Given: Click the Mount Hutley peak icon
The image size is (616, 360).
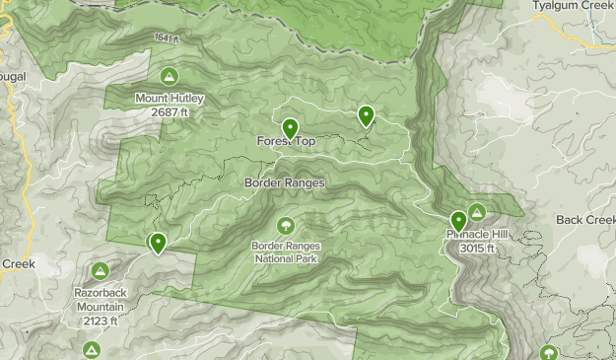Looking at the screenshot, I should (170, 76).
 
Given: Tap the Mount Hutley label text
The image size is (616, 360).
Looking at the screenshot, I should (169, 99).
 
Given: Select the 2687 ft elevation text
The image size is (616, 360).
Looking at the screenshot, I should (169, 112).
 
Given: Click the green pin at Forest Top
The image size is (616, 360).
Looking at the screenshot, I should (291, 128).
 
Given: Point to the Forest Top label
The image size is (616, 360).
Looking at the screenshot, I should (287, 142).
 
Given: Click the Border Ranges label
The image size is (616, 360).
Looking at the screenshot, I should (284, 182).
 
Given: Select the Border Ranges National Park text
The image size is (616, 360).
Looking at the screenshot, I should (286, 252).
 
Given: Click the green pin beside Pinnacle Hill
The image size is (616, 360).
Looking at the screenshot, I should (458, 221).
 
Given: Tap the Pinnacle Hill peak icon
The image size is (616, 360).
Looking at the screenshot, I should (478, 211).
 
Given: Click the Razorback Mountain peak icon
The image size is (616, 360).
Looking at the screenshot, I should (100, 270).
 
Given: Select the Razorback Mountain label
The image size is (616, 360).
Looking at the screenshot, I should (100, 299).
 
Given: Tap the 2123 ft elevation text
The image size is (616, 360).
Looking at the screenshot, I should (100, 321).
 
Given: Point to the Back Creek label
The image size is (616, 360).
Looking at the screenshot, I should (585, 219).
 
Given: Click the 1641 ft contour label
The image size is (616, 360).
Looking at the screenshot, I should (168, 39).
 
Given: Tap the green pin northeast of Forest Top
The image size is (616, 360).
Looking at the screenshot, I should (366, 116).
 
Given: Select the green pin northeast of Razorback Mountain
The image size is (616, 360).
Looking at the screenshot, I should (157, 242).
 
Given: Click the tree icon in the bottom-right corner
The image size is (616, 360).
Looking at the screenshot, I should (549, 352).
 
